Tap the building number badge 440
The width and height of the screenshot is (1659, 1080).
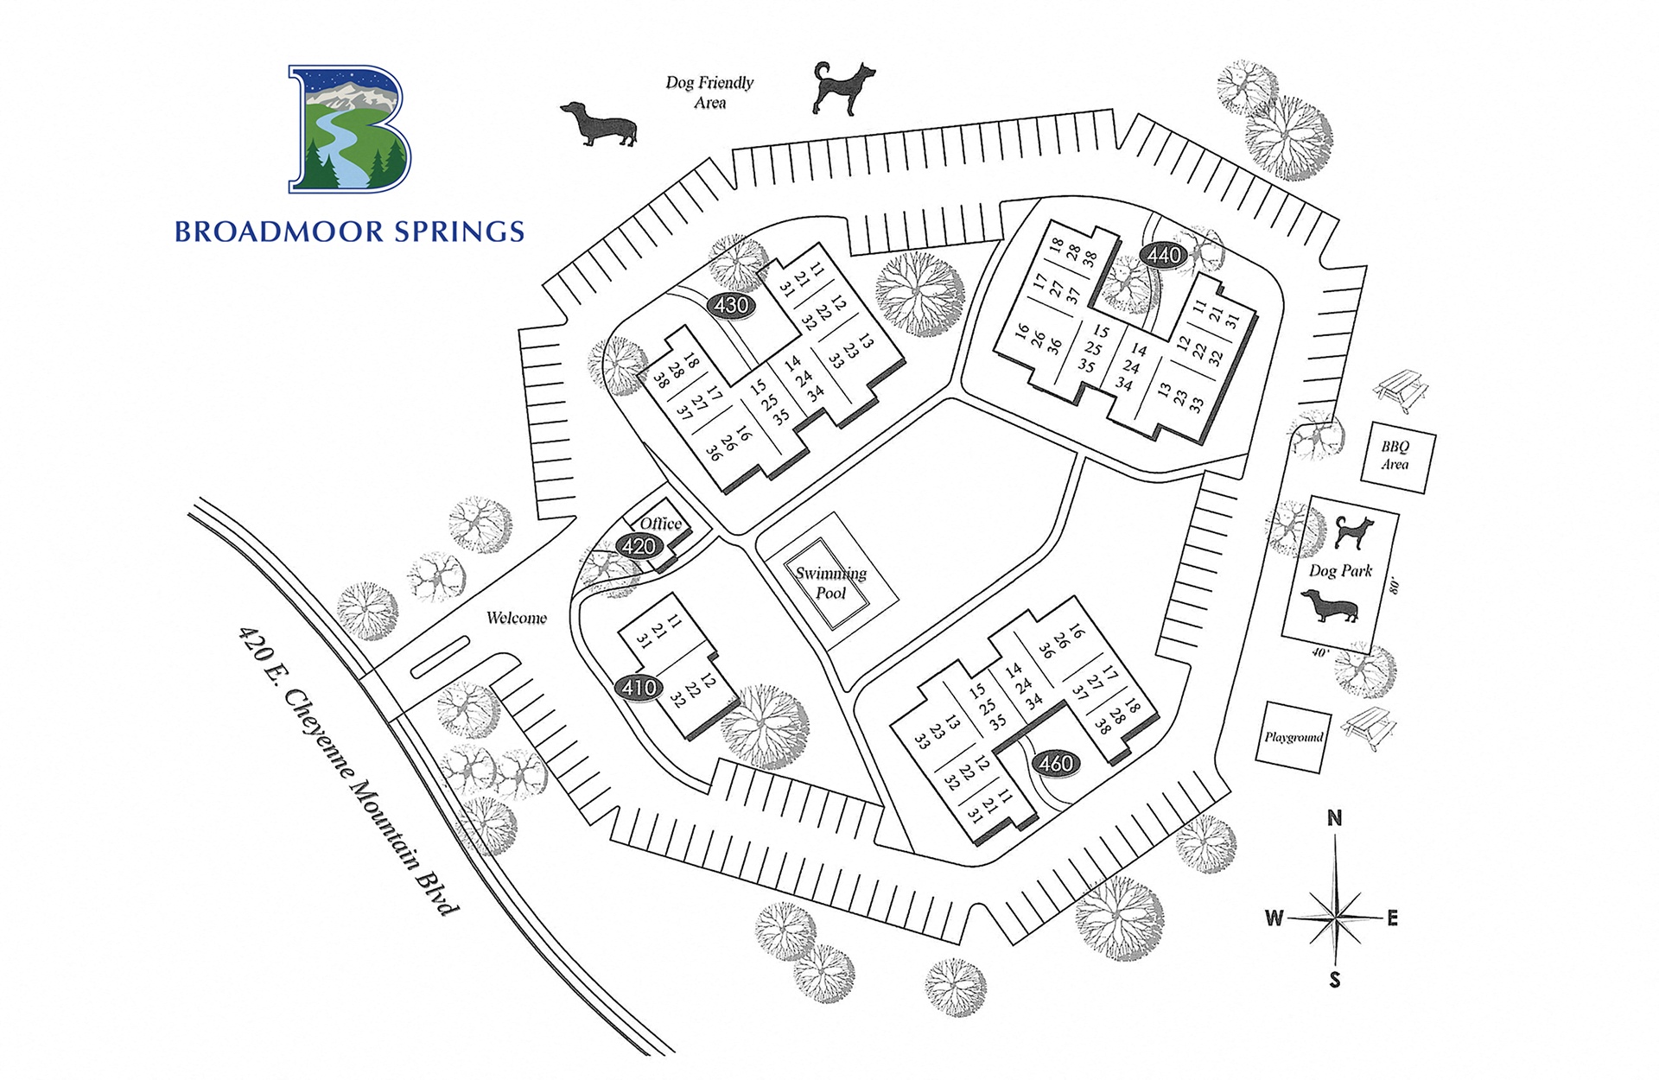point(1164,255)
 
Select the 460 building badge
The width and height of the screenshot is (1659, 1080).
point(1056,763)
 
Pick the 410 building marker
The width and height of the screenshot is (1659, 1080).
point(639,688)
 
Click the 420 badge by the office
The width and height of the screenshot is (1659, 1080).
point(639,546)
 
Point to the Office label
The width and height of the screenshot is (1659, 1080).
point(661,524)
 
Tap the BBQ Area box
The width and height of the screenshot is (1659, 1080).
point(1395,455)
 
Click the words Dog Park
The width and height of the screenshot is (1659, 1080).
point(1340,570)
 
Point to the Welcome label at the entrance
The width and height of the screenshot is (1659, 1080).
point(517,618)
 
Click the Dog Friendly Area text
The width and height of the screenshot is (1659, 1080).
point(709,92)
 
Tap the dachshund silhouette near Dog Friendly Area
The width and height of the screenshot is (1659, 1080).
point(599,124)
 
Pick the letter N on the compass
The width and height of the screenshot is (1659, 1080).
point(1334,818)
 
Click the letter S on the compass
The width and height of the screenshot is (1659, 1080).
point(1335,980)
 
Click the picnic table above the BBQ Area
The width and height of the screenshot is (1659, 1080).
point(1402,391)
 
